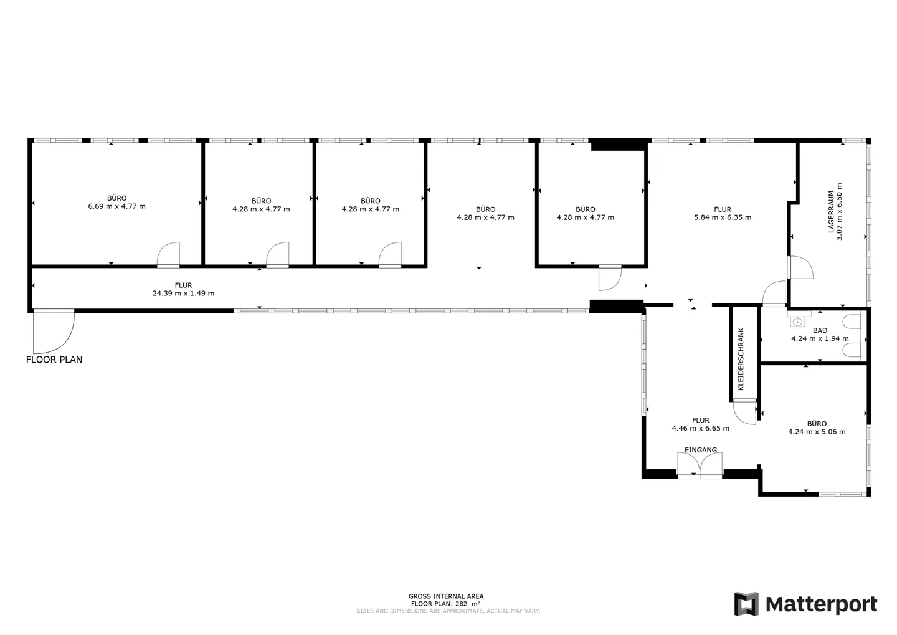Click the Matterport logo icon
tap(746, 604)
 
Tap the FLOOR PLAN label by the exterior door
tap(54, 360)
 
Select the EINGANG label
tap(700, 450)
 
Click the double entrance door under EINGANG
tap(700, 465)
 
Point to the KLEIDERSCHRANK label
tap(741, 359)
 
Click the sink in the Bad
tap(797, 322)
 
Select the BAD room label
tap(820, 330)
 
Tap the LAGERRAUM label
tap(831, 211)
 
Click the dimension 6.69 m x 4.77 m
tap(117, 206)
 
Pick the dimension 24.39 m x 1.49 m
tap(183, 294)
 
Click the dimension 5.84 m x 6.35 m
tap(723, 217)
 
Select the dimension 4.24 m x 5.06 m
tap(817, 432)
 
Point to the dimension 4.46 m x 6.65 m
tap(700, 428)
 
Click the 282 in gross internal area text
tap(462, 604)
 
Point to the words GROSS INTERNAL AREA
tap(446, 596)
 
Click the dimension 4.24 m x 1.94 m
tap(820, 338)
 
